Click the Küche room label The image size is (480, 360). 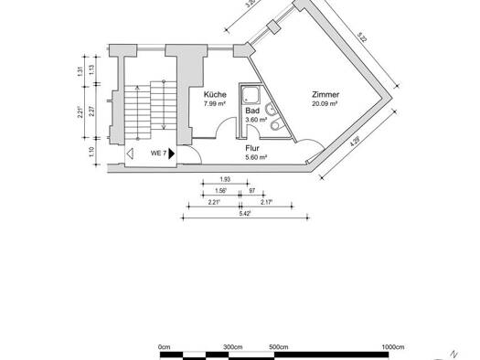point(215,94)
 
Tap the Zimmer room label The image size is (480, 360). point(325,94)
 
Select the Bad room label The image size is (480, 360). point(252,111)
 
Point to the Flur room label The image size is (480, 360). point(252,148)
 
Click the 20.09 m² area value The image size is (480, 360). point(325,103)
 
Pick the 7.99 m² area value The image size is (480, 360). point(215,103)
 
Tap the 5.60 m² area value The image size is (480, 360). point(257,157)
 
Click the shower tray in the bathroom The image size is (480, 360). point(251,95)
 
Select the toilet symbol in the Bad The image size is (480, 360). point(276,124)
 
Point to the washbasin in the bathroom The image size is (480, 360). point(272,110)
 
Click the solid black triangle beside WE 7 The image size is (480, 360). point(172,154)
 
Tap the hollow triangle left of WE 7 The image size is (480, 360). point(130,154)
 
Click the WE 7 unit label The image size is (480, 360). point(158,154)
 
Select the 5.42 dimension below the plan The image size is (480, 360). point(245,214)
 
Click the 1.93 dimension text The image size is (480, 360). point(225,179)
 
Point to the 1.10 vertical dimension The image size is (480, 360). point(91,152)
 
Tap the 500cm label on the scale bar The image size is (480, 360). point(279,347)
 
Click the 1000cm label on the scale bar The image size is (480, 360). point(393,347)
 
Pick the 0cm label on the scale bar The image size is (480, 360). point(164,347)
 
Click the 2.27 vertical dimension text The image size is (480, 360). point(91,111)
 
